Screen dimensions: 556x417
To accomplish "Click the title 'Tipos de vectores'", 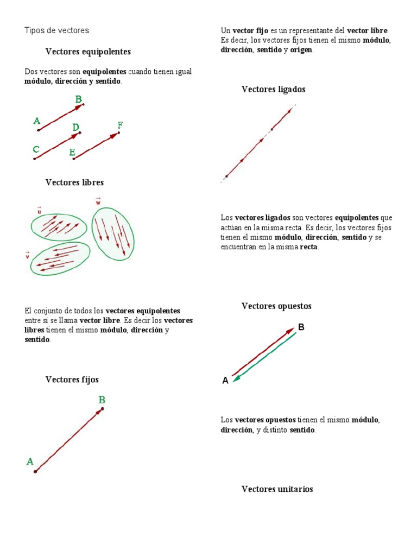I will [56, 30].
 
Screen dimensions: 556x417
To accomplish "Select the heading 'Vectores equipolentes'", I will [88, 52].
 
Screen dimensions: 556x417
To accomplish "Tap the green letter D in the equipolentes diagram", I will [76, 127].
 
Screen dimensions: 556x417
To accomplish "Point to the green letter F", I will [120, 125].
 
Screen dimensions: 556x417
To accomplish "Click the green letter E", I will [72, 153].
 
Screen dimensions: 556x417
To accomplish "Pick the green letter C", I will [36, 149].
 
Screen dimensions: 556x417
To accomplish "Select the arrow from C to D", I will [57, 146].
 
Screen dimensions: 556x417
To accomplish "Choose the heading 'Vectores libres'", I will [74, 182].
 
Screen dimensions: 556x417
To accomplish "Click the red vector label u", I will [39, 210].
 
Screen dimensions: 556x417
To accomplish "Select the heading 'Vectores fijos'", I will [72, 380].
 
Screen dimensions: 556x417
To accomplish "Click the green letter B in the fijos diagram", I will [102, 400].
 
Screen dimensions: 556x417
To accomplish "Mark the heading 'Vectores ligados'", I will [273, 89].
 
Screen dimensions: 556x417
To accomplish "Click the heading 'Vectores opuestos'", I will [276, 306].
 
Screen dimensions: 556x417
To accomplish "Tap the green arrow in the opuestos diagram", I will [266, 357].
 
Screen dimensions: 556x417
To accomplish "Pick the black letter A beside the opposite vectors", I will [225, 381].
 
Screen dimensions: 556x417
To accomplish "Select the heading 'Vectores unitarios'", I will [277, 489].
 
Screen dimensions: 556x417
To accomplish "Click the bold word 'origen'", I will [301, 50].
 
